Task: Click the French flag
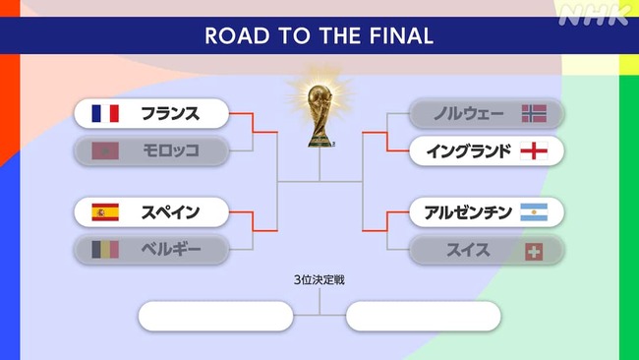pos(105,113)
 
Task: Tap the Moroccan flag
pos(105,150)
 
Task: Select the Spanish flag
pos(105,212)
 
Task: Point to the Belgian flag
pos(105,250)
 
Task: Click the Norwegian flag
pos(534,113)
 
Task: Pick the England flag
pos(534,150)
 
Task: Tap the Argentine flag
pos(534,212)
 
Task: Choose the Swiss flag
pos(534,252)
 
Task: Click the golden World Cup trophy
pos(319,115)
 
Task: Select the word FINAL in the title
pos(401,35)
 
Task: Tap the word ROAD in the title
pos(237,35)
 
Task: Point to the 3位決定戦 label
pos(319,280)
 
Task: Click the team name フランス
pos(170,113)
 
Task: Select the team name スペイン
pos(170,212)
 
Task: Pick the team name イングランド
pos(469,150)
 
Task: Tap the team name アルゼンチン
pos(468,212)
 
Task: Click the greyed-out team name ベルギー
pos(171,250)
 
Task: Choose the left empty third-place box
pos(215,316)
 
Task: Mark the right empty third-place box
pos(424,316)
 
